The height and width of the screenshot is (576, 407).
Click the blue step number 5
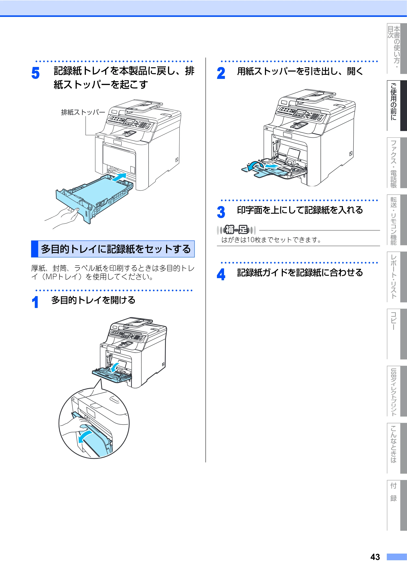[35, 73]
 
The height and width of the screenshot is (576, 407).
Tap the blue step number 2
[221, 73]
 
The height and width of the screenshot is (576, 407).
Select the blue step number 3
[221, 212]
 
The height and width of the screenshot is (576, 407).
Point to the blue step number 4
[221, 274]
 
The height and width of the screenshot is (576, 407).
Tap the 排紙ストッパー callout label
[83, 112]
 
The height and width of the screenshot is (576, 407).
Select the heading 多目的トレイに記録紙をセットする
[116, 249]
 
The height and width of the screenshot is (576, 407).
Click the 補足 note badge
[236, 230]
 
